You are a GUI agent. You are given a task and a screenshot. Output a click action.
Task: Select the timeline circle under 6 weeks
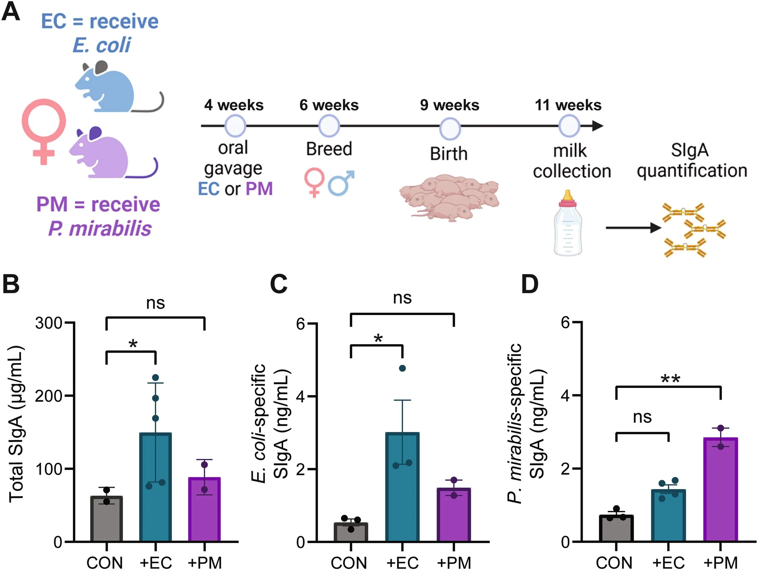(x=329, y=126)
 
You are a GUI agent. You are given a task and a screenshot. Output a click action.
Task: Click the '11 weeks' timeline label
(x=568, y=105)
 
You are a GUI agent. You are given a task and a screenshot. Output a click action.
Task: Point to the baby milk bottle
(x=568, y=225)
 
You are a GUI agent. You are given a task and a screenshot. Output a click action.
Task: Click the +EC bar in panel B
(x=155, y=487)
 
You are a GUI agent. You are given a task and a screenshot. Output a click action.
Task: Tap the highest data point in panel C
(x=402, y=368)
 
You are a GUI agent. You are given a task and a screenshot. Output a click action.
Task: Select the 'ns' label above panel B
(x=155, y=303)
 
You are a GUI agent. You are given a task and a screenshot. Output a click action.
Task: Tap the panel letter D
(x=530, y=284)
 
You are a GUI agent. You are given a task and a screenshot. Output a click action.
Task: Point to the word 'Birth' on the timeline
(x=449, y=153)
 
